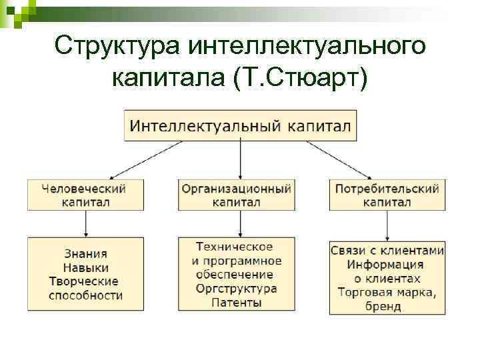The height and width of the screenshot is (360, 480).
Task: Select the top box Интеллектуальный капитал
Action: (240, 125)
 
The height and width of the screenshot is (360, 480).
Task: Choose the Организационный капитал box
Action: (237, 195)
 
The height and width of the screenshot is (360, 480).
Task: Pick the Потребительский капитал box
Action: (387, 195)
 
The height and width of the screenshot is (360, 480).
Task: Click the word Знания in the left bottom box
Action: (85, 254)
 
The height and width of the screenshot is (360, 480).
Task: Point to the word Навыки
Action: (85, 268)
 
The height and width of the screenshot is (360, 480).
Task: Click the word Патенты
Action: (236, 303)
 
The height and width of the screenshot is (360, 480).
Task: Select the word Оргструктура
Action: (236, 289)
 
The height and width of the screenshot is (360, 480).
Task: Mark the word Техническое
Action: (236, 247)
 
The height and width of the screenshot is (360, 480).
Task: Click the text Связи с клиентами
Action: (387, 251)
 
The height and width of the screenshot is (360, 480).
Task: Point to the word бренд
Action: (387, 307)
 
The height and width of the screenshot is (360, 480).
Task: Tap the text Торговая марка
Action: (387, 293)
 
